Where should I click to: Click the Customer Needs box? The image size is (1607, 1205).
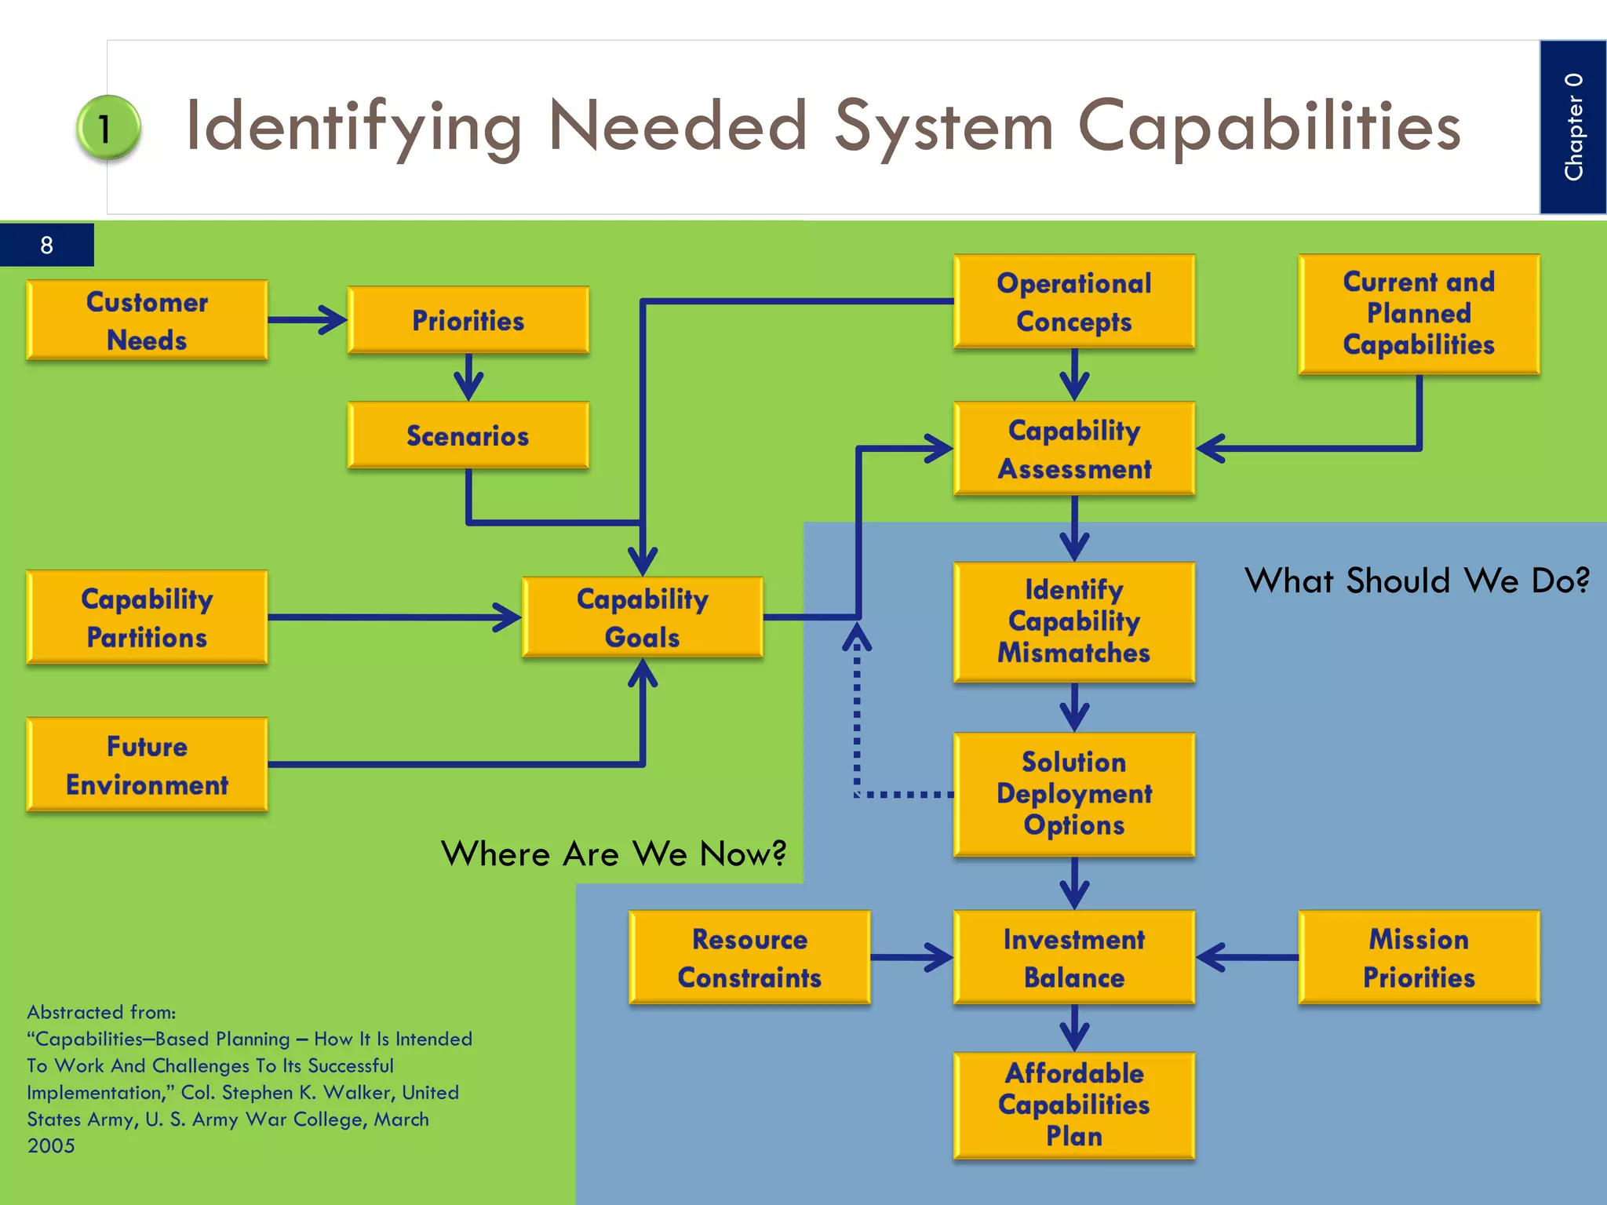click(x=147, y=320)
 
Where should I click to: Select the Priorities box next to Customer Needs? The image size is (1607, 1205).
click(x=468, y=320)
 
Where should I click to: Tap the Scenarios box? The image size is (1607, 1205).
click(x=468, y=435)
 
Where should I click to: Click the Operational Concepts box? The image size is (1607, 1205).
click(x=1073, y=301)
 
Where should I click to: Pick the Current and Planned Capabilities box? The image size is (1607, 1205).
click(x=1418, y=314)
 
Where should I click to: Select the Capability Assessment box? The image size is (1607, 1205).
click(x=1073, y=449)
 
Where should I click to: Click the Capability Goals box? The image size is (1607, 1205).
click(x=642, y=617)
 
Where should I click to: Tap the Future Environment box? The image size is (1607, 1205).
click(x=147, y=765)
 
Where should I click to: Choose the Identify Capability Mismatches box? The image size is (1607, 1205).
click(x=1073, y=621)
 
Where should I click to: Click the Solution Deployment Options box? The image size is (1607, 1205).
click(x=1073, y=794)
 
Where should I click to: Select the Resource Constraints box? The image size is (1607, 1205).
click(x=749, y=957)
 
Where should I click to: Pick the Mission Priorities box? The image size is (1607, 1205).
click(x=1418, y=957)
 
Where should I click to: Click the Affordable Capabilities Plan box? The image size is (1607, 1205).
click(x=1073, y=1105)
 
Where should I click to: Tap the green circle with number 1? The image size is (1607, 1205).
click(x=107, y=128)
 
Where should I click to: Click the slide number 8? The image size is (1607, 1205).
click(x=46, y=246)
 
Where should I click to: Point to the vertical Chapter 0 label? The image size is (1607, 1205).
click(x=1572, y=127)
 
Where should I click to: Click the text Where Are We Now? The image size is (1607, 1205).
click(x=613, y=854)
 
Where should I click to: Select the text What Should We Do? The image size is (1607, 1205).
click(x=1416, y=581)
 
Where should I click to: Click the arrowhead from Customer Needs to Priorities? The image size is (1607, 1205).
click(x=333, y=320)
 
